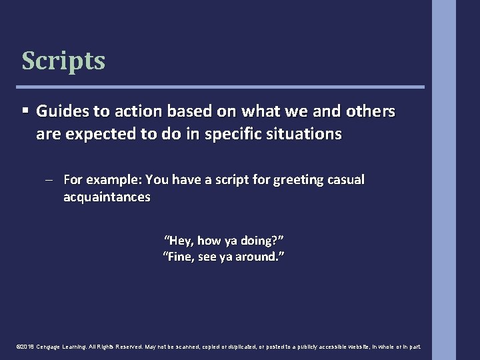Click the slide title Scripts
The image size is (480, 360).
[63, 61]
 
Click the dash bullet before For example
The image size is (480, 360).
[51, 179]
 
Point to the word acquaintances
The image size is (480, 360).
[107, 197]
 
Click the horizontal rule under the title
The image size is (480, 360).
[221, 87]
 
